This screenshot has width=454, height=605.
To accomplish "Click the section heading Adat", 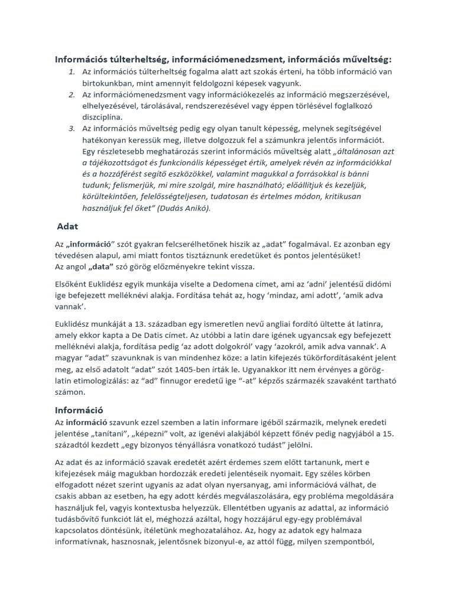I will (68, 226).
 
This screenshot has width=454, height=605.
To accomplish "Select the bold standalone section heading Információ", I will (80, 409).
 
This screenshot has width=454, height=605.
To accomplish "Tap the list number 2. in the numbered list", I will (72, 95).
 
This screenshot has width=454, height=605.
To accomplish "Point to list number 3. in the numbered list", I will (72, 128).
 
